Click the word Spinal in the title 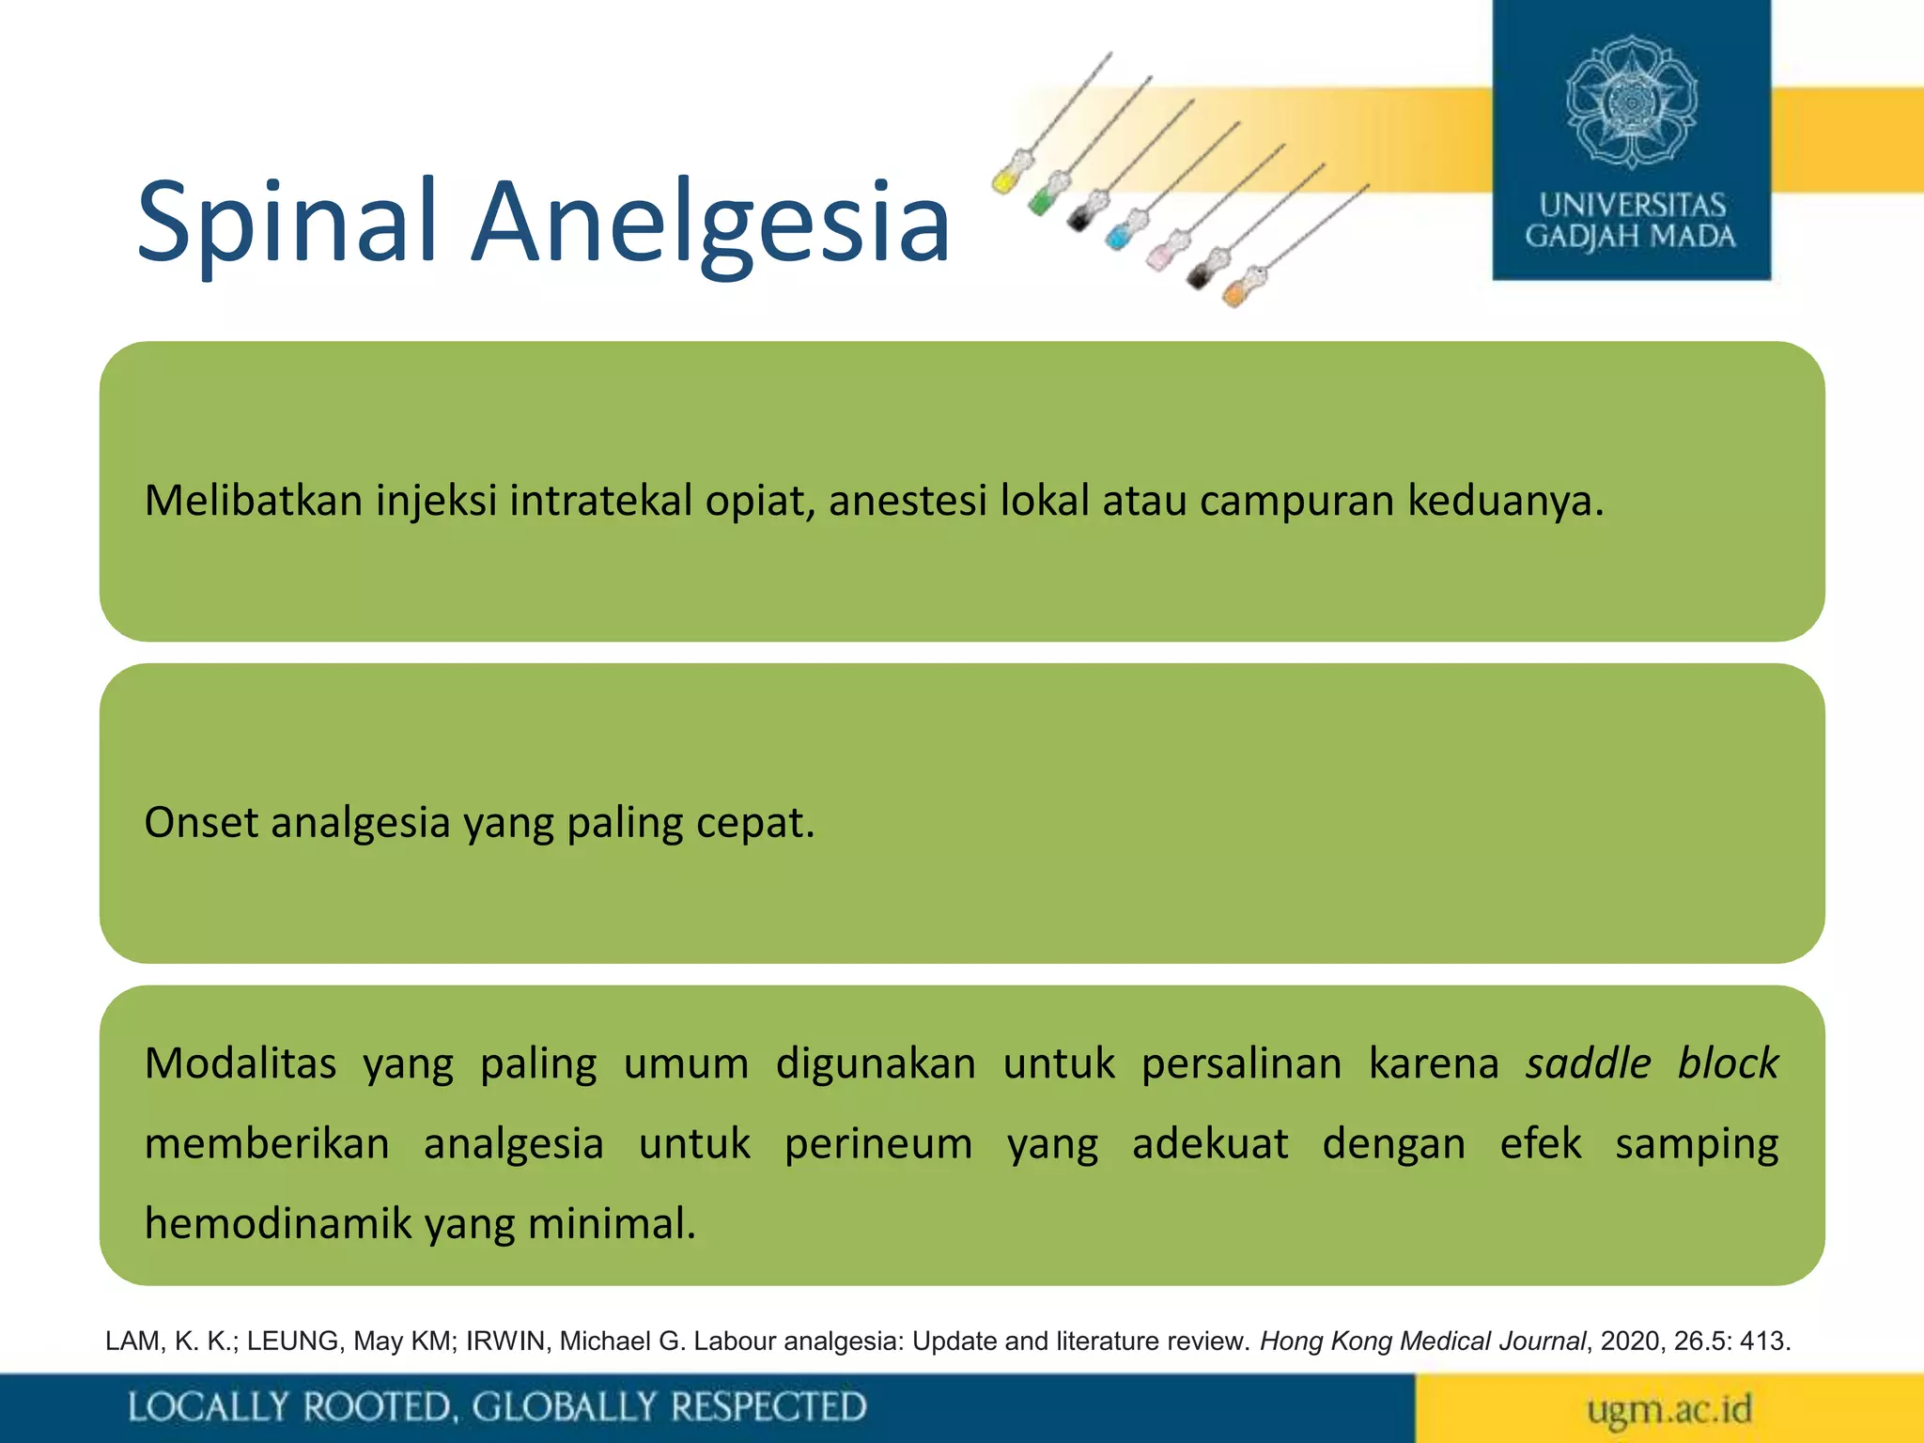click(x=287, y=222)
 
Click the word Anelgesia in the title click(x=710, y=222)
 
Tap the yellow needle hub click(x=1006, y=177)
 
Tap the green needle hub click(x=1042, y=199)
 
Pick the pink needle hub click(x=1159, y=255)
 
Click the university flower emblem click(x=1631, y=101)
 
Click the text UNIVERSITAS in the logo click(x=1632, y=204)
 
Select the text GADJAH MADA click(x=1630, y=236)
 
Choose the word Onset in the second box click(x=200, y=823)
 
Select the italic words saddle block click(x=1651, y=1063)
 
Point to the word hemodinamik click(x=278, y=1224)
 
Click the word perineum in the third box click(x=877, y=1144)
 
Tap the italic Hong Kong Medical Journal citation click(x=1421, y=1341)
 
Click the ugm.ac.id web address click(x=1668, y=1408)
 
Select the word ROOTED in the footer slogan click(x=380, y=1407)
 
